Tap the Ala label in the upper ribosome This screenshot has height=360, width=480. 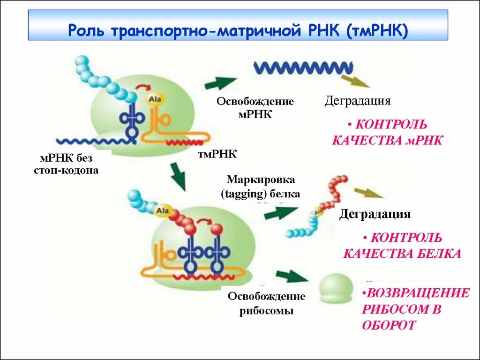point(154,99)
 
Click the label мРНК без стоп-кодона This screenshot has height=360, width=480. point(66,164)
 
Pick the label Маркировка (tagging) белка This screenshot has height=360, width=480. point(261,187)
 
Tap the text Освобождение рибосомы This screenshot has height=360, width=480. point(266,303)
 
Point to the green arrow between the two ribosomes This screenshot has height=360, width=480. point(178,176)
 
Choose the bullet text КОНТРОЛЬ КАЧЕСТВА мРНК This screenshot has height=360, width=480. point(387,132)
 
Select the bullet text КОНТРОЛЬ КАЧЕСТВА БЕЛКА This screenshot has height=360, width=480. point(402,245)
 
